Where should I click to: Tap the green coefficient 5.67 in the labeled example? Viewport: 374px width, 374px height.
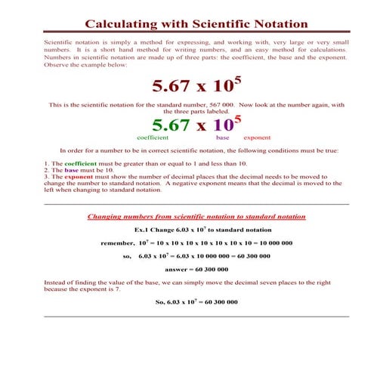(x=176, y=125)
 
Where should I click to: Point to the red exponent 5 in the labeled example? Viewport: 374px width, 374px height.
(x=238, y=119)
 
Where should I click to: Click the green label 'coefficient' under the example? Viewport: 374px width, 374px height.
(x=153, y=138)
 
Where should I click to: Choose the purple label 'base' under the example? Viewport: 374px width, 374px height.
(x=222, y=138)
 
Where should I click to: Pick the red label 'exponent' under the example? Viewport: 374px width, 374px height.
(x=258, y=138)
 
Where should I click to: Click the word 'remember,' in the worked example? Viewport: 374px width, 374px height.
(x=118, y=243)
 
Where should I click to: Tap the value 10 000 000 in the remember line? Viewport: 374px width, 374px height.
(x=273, y=243)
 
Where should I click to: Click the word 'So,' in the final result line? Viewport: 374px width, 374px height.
(x=160, y=301)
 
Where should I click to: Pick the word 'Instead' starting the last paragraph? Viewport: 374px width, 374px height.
(x=57, y=282)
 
